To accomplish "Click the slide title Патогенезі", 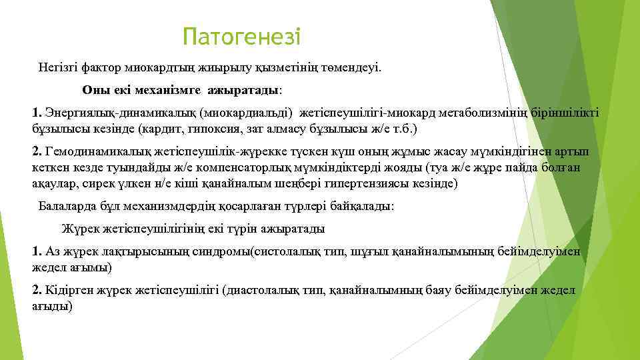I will click(242, 37).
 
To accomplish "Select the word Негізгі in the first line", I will click(57, 67).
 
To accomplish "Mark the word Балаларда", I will click(65, 206).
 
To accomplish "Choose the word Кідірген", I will click(65, 291).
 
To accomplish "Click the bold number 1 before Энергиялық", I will click(36, 112).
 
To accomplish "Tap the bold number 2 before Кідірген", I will click(36, 291).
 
